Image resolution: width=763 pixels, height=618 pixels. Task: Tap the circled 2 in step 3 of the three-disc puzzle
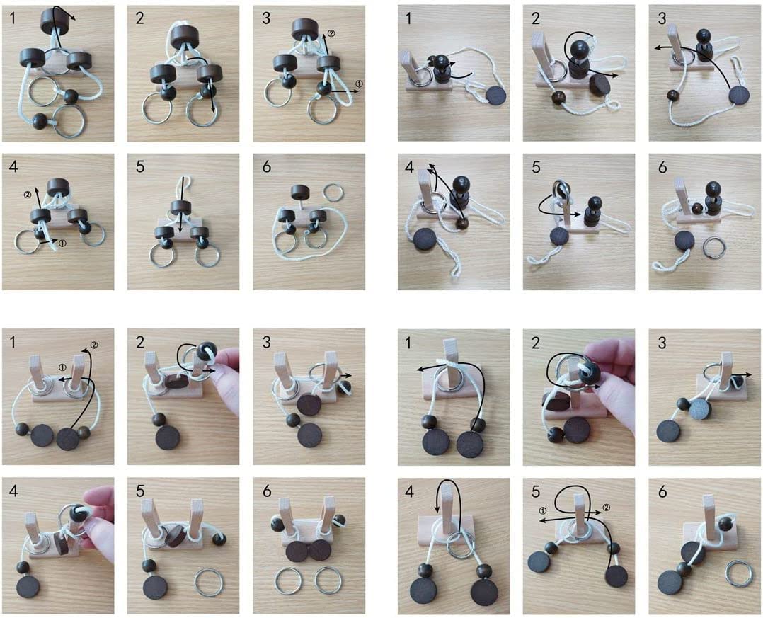point(331,33)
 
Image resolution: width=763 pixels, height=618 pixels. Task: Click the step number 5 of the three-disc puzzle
point(140,166)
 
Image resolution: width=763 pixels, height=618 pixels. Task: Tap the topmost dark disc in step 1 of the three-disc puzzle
point(54,21)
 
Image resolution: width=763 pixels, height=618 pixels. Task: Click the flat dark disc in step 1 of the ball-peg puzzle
point(496,95)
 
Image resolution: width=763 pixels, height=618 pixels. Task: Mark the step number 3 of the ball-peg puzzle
point(661,18)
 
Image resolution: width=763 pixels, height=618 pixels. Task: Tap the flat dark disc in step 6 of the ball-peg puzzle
point(684,241)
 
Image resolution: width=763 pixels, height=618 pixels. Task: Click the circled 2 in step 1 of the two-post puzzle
point(94,345)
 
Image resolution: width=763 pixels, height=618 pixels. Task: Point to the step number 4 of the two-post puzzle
point(13,491)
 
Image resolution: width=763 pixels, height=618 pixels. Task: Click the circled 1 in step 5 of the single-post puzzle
point(543,510)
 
